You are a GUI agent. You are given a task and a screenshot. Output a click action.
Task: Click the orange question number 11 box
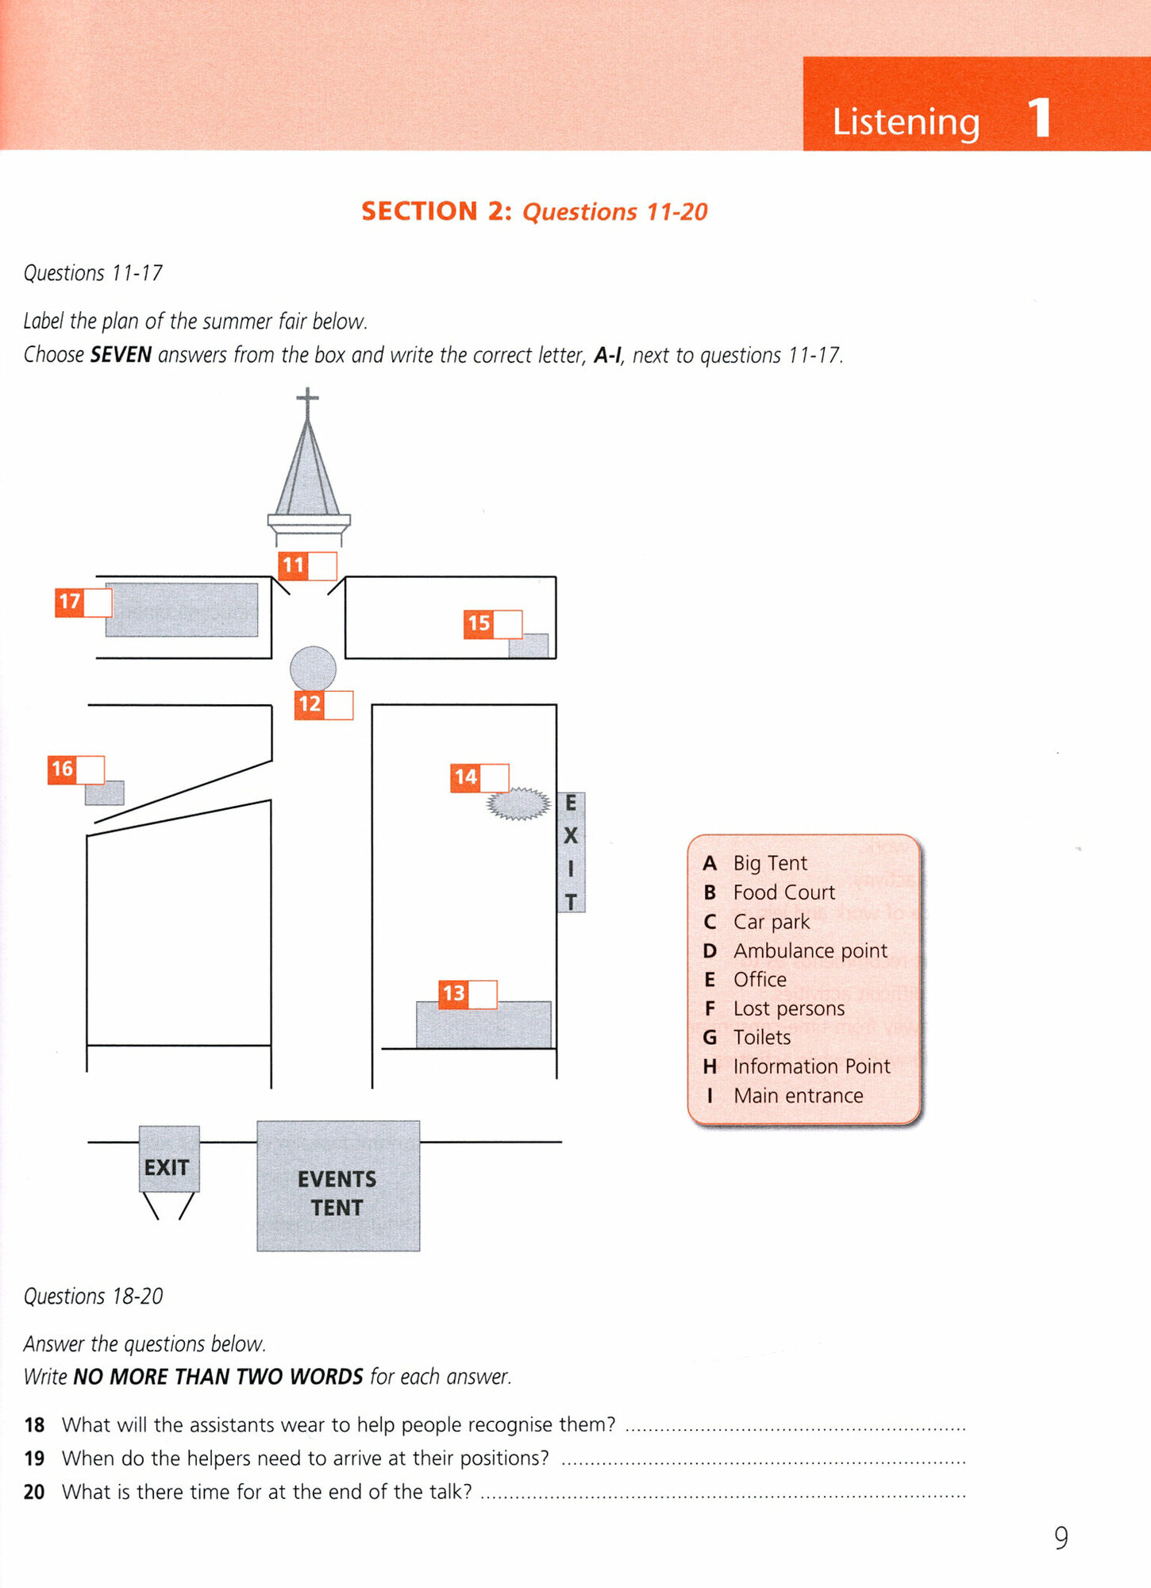point(293,565)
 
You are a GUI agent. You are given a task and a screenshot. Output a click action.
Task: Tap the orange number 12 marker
point(310,704)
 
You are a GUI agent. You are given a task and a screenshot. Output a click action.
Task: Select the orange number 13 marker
point(453,993)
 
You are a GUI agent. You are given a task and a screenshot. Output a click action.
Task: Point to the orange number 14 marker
point(465,777)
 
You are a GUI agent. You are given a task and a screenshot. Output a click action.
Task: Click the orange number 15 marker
point(479,623)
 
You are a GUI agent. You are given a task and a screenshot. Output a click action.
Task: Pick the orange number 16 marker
point(62,769)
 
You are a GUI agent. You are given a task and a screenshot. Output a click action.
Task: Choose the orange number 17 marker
point(69,602)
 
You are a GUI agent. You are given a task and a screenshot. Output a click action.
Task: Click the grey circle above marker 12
point(313,668)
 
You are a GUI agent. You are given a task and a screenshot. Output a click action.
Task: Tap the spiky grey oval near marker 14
point(518,804)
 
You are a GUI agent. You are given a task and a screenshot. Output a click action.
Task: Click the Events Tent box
point(338,1186)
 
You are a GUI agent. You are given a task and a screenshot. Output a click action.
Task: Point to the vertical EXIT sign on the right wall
point(571,852)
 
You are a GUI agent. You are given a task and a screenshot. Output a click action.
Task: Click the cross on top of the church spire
point(307,397)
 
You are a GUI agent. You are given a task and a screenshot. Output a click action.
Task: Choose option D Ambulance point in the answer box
point(810,950)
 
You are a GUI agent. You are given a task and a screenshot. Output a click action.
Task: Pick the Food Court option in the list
point(783,892)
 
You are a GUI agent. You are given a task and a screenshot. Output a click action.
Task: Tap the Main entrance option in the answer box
point(798,1096)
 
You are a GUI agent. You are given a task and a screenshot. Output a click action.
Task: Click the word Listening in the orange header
point(906,121)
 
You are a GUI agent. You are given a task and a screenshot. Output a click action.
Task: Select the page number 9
point(1061,1538)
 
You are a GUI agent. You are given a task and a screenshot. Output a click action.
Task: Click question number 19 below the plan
point(34,1459)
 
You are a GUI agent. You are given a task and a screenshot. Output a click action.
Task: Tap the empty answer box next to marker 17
point(98,603)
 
